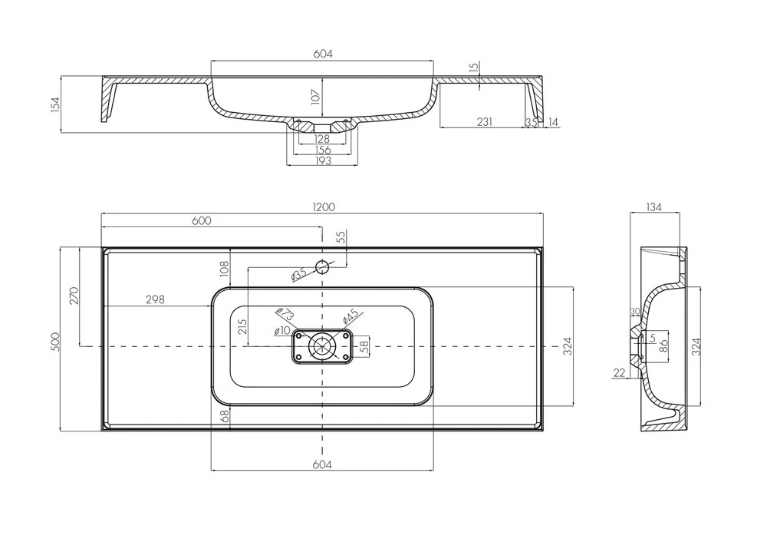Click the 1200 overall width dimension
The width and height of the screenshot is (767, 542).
pos(324,207)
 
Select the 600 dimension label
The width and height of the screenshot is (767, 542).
pos(202,221)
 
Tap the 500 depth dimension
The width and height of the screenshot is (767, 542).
pos(55,342)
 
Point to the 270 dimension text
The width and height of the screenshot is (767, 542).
pos(74,296)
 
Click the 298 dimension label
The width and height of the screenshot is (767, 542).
pos(155,299)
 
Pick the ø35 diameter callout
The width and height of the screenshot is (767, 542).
pos(298,274)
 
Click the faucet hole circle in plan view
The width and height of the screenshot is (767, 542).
pos(322,267)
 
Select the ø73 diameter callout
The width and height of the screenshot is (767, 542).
pos(285,314)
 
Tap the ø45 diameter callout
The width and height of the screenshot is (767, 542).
pos(351,316)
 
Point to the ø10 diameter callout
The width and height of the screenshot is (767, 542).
pos(282,331)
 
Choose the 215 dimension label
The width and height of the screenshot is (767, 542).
pos(242,326)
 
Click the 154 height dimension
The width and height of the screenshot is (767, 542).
pos(55,104)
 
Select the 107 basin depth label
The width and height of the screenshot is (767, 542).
pos(315,97)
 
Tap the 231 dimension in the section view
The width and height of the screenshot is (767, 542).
pos(484,121)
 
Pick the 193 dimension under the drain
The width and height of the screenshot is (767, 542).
pos(323,160)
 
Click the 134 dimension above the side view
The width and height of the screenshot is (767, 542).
pos(654,207)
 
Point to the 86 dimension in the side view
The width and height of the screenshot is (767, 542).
pos(663,345)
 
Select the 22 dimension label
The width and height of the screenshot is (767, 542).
pos(619,373)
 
